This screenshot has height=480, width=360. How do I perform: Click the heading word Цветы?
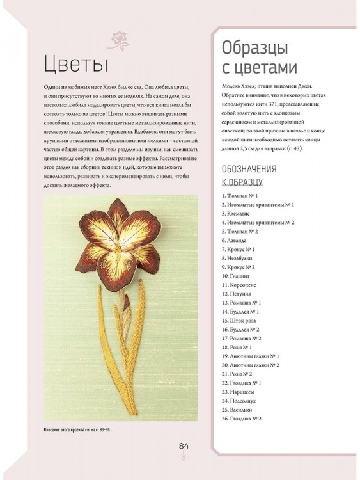(72, 65)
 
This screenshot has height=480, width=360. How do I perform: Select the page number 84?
(184, 446)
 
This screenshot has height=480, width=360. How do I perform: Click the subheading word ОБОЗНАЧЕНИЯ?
(248, 170)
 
